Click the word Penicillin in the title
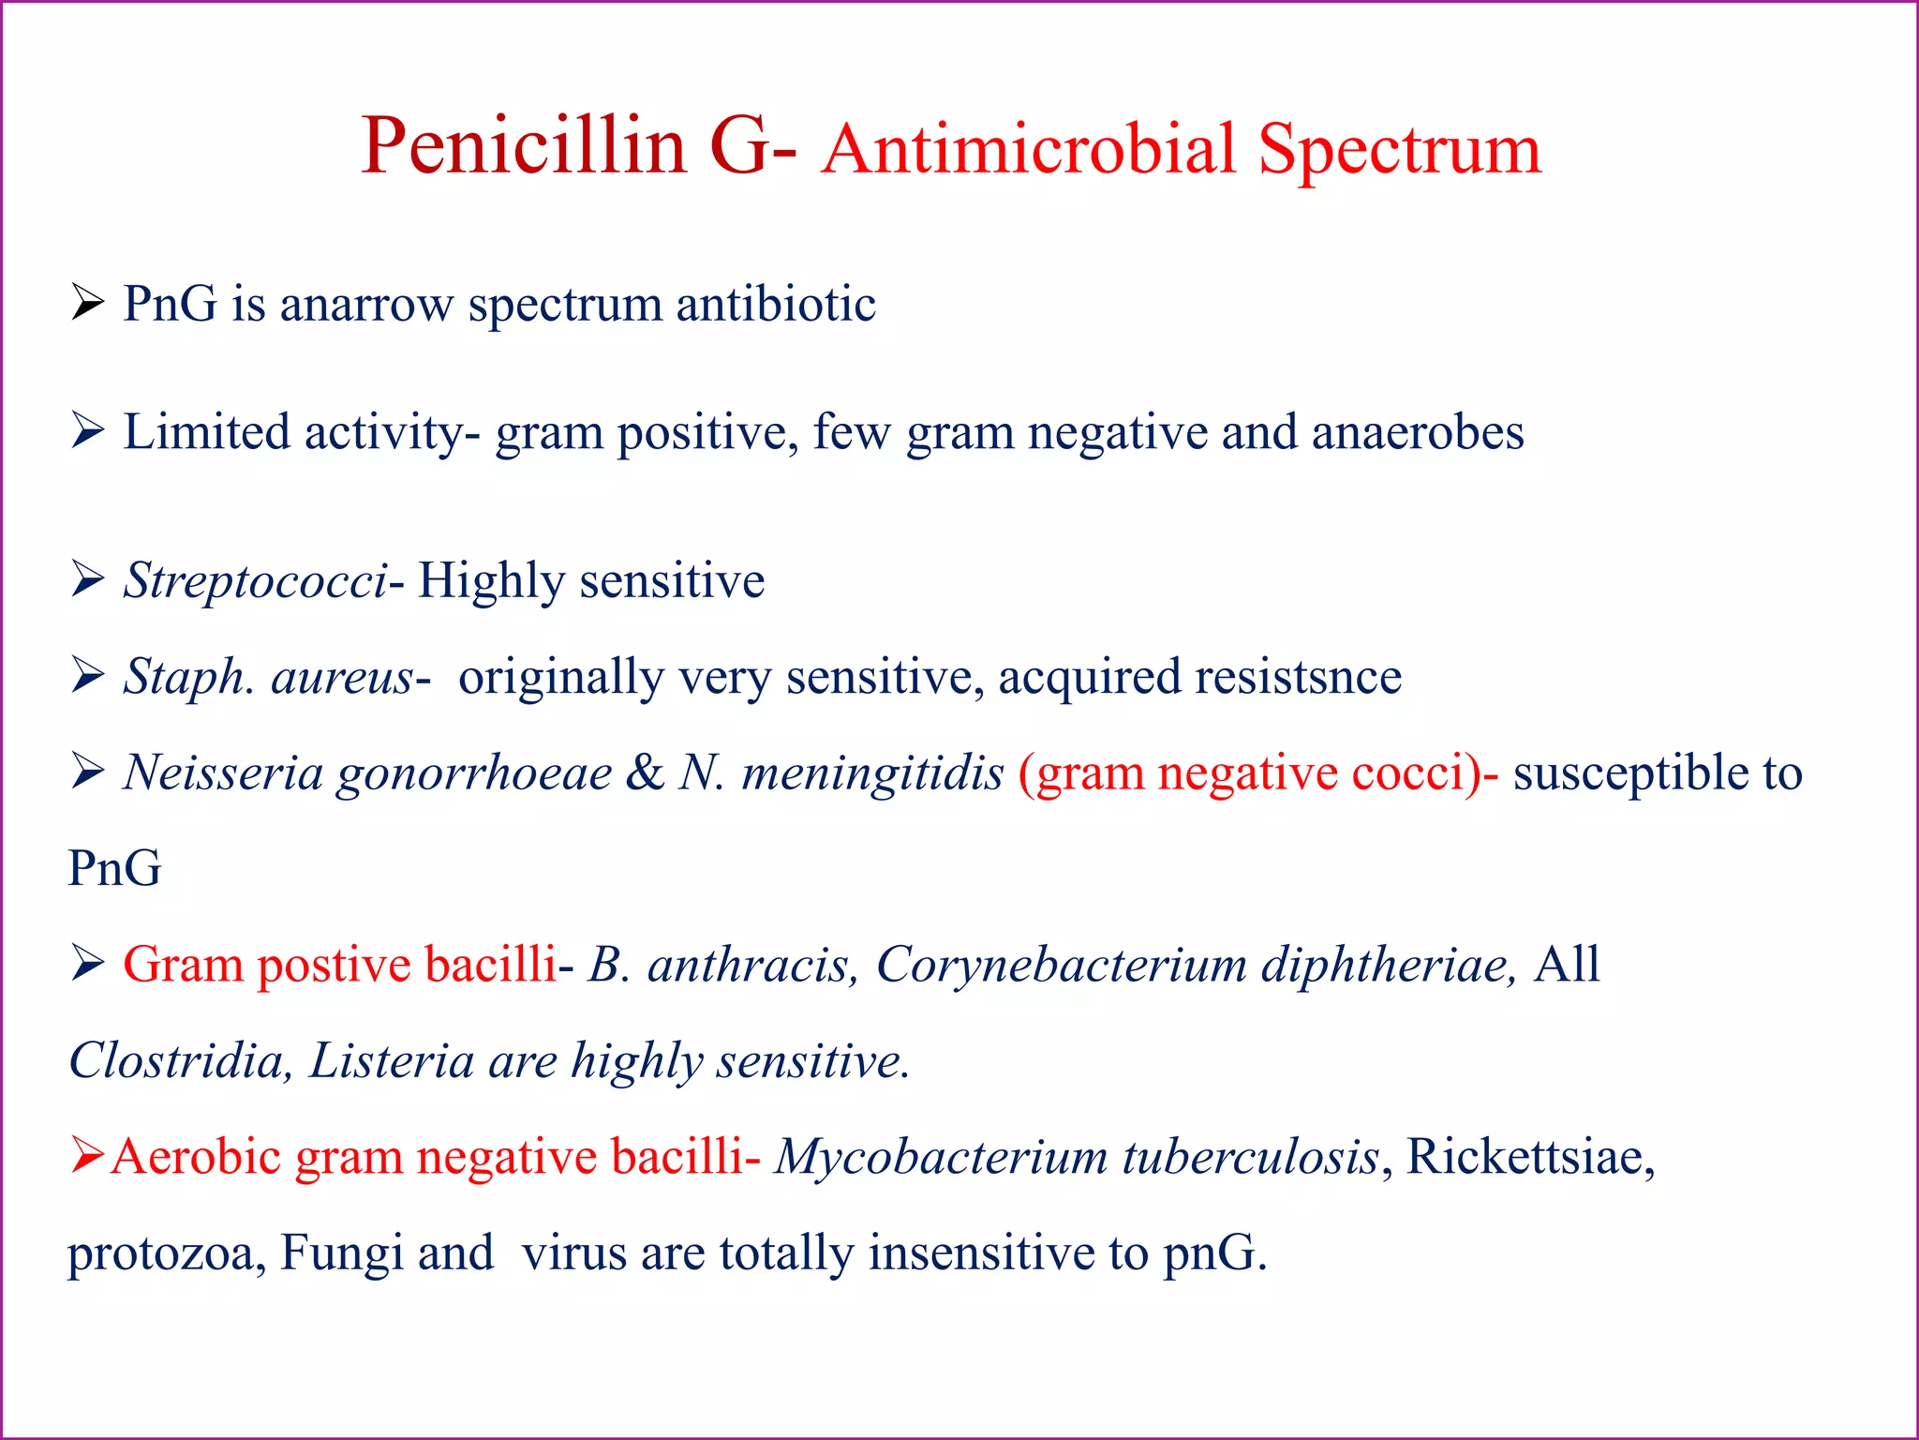pyautogui.click(x=524, y=146)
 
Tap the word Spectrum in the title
pyautogui.click(x=1399, y=150)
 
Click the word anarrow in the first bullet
pyautogui.click(x=366, y=305)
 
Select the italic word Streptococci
pyautogui.click(x=255, y=581)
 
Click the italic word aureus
pyautogui.click(x=341, y=677)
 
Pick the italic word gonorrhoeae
pyautogui.click(x=474, y=774)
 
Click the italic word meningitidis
pyautogui.click(x=872, y=773)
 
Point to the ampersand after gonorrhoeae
pyautogui.click(x=645, y=773)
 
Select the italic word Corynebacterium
pyautogui.click(x=1061, y=965)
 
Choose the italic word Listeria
pyautogui.click(x=392, y=1061)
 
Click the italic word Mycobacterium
pyautogui.click(x=941, y=1157)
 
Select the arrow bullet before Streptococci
pyautogui.click(x=87, y=580)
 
